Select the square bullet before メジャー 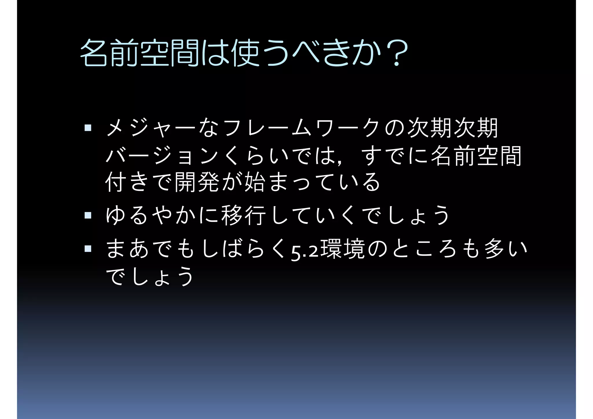pyautogui.click(x=88, y=128)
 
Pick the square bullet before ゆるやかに pyautogui.click(x=88, y=215)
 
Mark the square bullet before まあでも pyautogui.click(x=88, y=248)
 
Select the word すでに pyautogui.click(x=395, y=155)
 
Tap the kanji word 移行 pyautogui.click(x=243, y=215)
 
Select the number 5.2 pyautogui.click(x=304, y=251)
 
